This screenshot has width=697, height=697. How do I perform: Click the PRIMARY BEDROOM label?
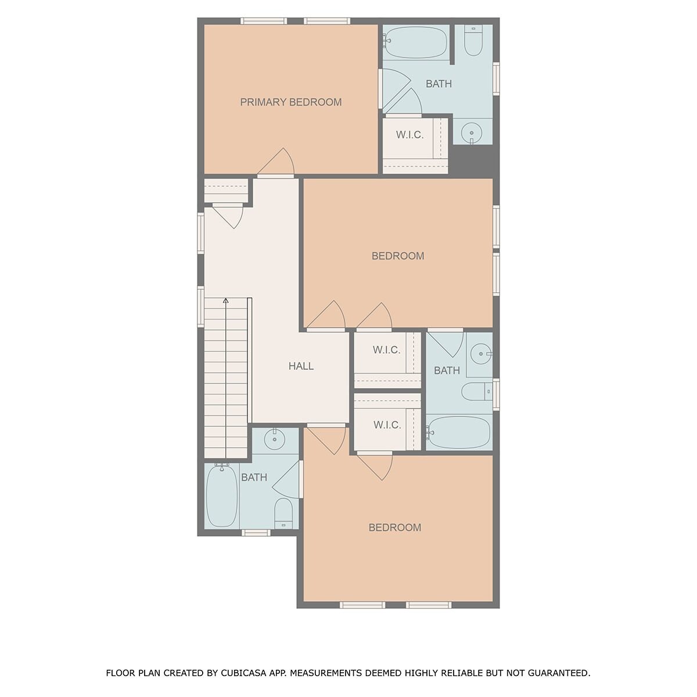coord(291,102)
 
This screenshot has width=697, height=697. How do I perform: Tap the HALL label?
coord(301,366)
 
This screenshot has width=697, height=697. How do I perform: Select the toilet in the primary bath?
coord(473,40)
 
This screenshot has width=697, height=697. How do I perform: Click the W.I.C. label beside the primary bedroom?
coord(409,135)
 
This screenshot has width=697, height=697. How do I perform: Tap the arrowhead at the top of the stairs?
coord(226,300)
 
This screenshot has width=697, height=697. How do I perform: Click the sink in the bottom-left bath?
coord(275,439)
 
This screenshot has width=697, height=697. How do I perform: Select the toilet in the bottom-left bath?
coord(283,513)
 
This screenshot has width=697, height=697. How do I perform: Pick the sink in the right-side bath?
coord(481,354)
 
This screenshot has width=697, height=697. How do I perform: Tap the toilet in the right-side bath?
coord(477,391)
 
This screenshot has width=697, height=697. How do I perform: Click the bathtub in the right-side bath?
coord(458,433)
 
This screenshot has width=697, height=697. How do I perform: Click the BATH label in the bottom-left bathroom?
coord(254,477)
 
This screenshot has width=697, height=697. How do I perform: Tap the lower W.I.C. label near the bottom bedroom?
coord(387,425)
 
